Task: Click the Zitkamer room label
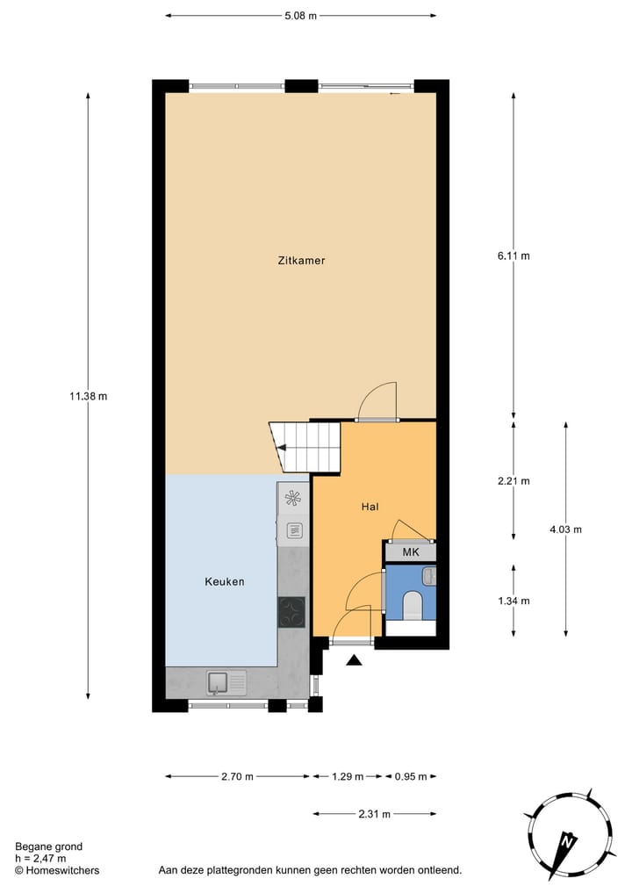pos(301,260)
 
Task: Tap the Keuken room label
pos(225,581)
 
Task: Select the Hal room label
pos(370,507)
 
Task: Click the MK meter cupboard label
pos(410,552)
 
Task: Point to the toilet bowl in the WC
pos(411,605)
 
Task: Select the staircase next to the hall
pos(305,446)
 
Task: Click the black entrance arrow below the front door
pos(354,660)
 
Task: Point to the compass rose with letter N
pos(568,835)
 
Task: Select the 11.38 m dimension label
pos(89,396)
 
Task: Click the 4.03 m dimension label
pos(565,529)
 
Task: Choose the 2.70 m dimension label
pos(237,776)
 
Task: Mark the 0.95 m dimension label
pos(410,776)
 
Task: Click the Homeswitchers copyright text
pos(57,870)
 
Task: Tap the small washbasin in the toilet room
pos(427,575)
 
